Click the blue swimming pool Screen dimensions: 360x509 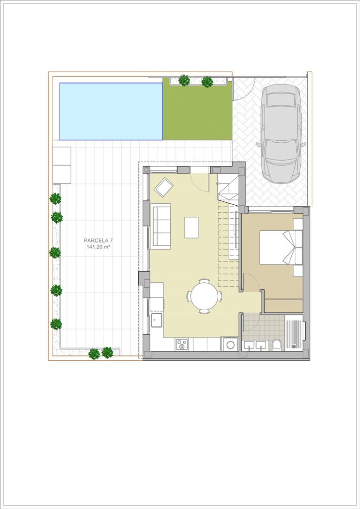tap(111, 111)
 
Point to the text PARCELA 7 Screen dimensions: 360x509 tap(98, 241)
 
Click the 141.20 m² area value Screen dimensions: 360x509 tap(98, 247)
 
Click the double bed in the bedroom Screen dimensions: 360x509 tap(281, 247)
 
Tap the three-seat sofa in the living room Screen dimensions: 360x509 tap(161, 226)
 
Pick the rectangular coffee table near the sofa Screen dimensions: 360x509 tap(191, 227)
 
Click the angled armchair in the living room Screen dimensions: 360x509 tap(164, 187)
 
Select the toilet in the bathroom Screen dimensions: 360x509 tap(276, 344)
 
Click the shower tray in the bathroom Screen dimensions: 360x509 tap(294, 333)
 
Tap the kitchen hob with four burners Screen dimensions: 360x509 tap(181, 344)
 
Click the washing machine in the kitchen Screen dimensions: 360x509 tap(230, 344)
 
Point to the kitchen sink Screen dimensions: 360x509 tap(157, 320)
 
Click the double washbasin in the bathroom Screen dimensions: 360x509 tap(255, 345)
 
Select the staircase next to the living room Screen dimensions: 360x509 tap(229, 231)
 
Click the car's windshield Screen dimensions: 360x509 tap(281, 147)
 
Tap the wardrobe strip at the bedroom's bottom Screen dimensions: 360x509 tap(284, 305)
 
